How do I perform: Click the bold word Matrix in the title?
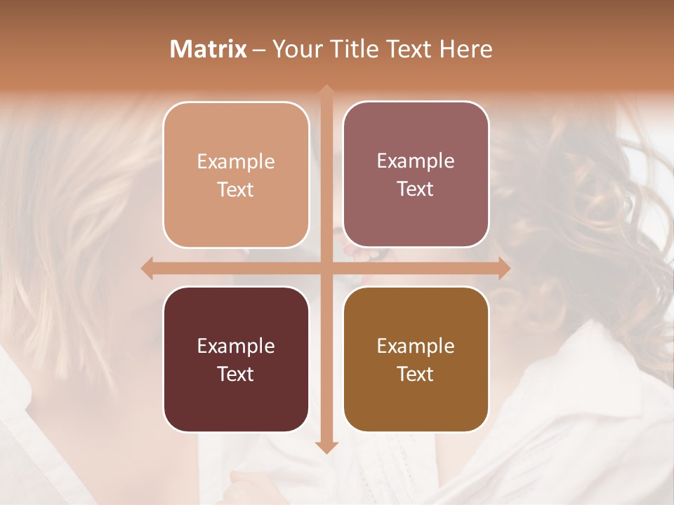209,49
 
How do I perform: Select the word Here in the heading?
466,49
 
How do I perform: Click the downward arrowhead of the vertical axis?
326,447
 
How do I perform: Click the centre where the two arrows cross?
326,268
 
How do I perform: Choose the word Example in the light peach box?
236,162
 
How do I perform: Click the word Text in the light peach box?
236,189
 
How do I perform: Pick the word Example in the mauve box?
416,161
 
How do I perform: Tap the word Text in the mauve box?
416,189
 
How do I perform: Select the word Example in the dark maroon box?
236,346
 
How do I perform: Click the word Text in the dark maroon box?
236,374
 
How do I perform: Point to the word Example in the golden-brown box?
416,346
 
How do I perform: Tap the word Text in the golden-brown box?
416,374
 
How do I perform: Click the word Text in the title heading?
409,49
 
